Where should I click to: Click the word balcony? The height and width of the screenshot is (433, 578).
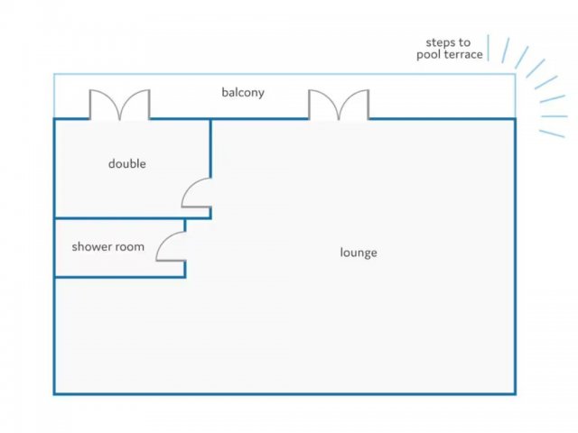(243, 92)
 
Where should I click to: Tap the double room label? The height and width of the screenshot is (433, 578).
(126, 164)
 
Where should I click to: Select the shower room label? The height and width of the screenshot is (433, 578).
(107, 246)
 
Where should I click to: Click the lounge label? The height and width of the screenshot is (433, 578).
(359, 253)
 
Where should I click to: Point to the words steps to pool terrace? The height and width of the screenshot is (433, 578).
(449, 49)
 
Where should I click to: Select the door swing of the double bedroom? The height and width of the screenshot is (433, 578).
(197, 192)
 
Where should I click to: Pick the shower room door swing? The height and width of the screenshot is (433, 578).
(172, 246)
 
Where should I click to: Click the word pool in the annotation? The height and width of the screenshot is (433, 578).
(428, 55)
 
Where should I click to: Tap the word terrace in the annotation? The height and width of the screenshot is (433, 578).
(462, 55)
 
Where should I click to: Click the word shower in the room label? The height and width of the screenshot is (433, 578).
(91, 246)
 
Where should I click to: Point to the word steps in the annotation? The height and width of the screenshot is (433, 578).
(441, 42)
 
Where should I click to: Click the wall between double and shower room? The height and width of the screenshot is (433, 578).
(117, 218)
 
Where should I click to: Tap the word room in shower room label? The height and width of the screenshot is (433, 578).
(129, 246)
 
